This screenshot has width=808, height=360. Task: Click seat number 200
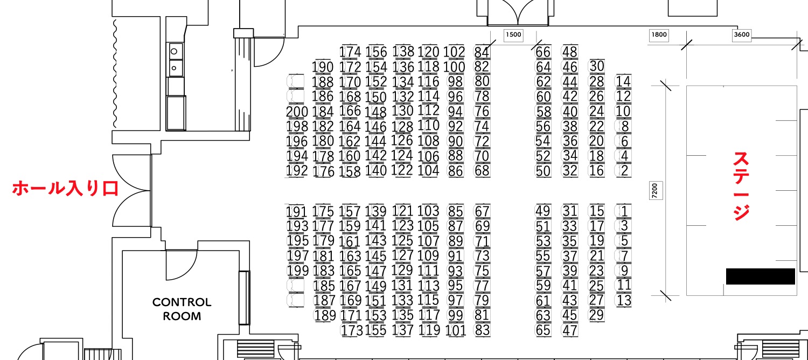pos(297,112)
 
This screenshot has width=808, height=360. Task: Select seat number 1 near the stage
pos(624,211)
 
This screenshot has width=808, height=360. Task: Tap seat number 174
pos(350,52)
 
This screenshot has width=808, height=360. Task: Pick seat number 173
pos(351,330)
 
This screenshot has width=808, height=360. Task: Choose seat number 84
pos(482,52)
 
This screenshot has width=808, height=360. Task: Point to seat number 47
pos(570,330)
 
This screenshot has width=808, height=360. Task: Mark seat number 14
pos(623,81)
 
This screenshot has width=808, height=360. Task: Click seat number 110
pos(429,126)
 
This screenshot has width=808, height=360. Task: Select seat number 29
pos(597,315)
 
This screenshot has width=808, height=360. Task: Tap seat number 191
pos(296,212)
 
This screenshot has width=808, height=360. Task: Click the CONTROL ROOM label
pos(182,309)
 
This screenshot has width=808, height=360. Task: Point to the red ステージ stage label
pos(741,186)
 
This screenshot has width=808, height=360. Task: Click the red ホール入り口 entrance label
pos(66,188)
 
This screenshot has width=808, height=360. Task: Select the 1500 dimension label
pos(513,34)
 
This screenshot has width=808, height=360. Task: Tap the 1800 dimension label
pos(659,34)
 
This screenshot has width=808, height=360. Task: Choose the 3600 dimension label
pos(742,34)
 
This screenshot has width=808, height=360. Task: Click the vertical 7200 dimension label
pos(655,190)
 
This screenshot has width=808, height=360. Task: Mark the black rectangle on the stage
pos(761,276)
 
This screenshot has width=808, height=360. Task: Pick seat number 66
pos(543,52)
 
